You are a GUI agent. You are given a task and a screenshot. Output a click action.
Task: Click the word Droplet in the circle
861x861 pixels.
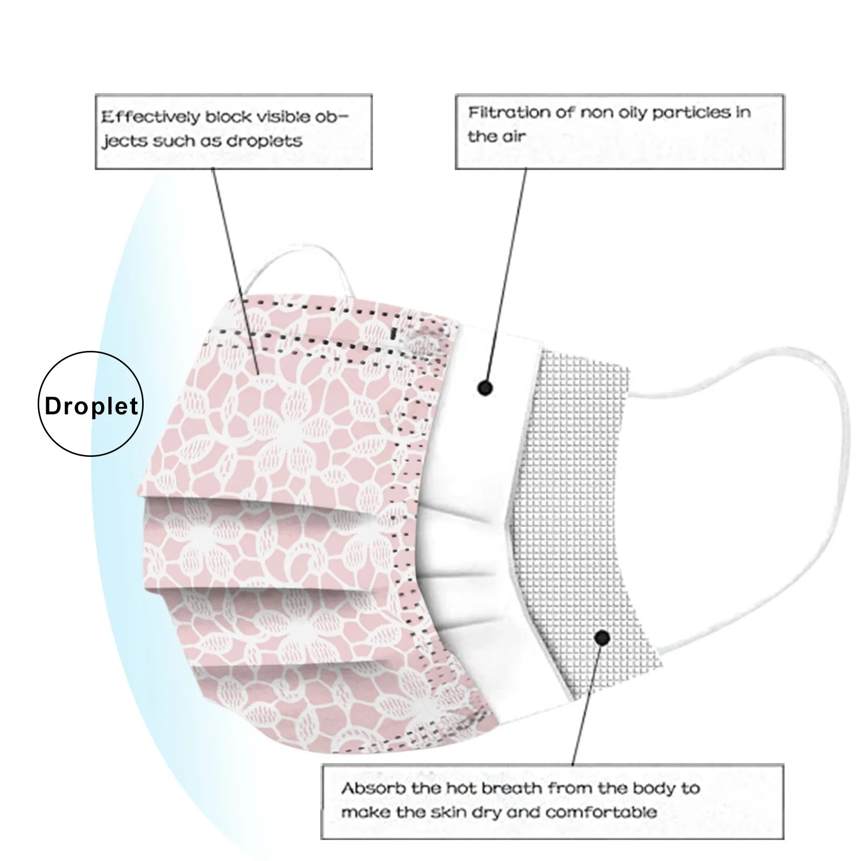tap(91, 406)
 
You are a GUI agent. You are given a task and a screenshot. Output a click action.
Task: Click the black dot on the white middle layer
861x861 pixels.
tap(485, 387)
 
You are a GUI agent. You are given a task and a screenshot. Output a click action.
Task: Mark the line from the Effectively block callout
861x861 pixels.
tap(234, 269)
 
